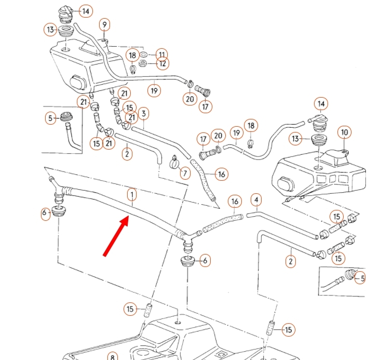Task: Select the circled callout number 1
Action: (132, 195)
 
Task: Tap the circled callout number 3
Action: (143, 114)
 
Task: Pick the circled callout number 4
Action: (256, 199)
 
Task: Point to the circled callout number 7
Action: (185, 172)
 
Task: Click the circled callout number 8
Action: (112, 357)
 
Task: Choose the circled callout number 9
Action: (104, 24)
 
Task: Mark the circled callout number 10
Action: (344, 132)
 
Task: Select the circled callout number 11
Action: (162, 54)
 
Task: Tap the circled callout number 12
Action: (162, 64)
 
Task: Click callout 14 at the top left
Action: (86, 11)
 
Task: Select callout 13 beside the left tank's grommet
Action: (50, 30)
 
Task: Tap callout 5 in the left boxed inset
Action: (50, 118)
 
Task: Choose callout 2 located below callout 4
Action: (290, 261)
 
